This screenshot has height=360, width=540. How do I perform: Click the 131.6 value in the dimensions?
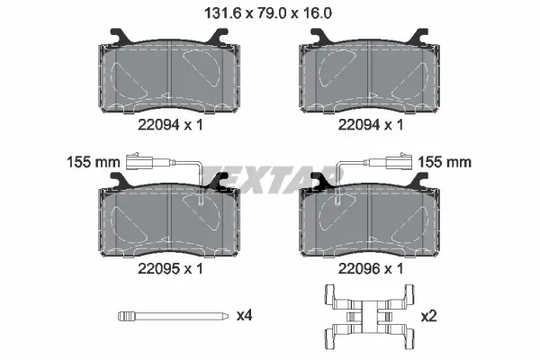(220, 13)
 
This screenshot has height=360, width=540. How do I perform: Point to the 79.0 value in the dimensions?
(270, 13)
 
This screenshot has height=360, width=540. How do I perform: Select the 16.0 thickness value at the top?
(318, 13)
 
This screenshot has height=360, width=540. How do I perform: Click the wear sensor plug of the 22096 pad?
(397, 165)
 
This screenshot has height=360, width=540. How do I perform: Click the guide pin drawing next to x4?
(170, 317)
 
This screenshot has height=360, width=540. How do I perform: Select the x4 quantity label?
(244, 317)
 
